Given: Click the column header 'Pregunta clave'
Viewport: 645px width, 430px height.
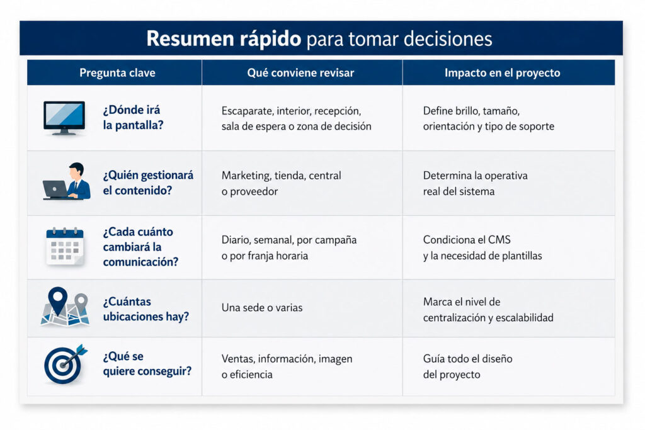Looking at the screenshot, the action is (x=117, y=73).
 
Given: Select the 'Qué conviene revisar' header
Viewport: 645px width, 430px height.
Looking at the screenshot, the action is (x=300, y=73).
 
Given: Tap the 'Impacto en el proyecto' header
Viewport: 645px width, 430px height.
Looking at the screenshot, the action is (x=502, y=73).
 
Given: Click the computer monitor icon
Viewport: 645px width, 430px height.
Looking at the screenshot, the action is (x=64, y=118).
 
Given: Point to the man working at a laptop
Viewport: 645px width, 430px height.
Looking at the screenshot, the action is (x=67, y=181).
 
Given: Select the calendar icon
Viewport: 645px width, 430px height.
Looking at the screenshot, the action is (x=65, y=246).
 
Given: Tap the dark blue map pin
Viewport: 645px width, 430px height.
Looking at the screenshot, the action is (x=57, y=300).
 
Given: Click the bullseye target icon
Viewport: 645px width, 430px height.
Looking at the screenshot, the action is (x=65, y=364).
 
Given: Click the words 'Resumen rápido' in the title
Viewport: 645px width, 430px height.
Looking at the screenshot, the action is (x=224, y=38).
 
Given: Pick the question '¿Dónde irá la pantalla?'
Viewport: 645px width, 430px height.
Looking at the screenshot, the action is (x=133, y=118).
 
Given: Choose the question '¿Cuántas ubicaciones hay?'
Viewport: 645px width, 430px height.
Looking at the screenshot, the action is (x=146, y=309).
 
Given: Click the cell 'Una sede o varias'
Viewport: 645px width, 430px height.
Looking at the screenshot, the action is (x=262, y=307).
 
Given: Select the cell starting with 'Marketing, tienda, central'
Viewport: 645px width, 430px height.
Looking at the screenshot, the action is (x=282, y=183).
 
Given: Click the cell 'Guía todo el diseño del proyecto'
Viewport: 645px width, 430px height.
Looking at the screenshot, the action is (x=468, y=366).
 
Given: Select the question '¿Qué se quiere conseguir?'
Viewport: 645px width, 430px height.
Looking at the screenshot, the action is (x=147, y=364).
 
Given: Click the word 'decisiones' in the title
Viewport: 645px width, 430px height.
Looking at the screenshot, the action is (x=448, y=39).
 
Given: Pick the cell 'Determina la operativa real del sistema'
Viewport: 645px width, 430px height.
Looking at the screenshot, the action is (x=475, y=183).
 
